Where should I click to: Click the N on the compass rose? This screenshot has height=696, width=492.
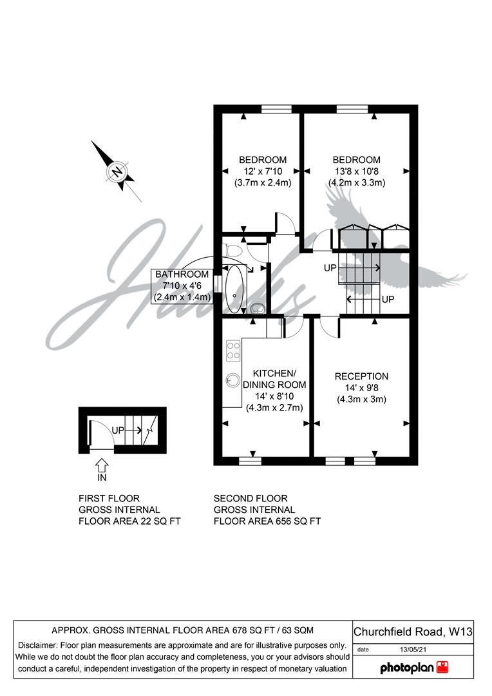(x=117, y=172)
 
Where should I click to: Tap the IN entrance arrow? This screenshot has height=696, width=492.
(x=102, y=466)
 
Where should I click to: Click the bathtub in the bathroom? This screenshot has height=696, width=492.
(x=234, y=289)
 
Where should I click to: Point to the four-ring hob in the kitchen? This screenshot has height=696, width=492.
(x=233, y=350)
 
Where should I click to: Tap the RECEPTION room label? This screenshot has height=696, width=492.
(x=361, y=376)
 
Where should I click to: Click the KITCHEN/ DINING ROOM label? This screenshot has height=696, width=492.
(x=274, y=379)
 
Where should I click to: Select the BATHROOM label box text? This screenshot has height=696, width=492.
(x=182, y=275)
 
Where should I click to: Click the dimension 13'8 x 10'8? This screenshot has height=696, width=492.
(x=356, y=171)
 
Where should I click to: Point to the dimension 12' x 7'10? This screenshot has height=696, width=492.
(x=263, y=171)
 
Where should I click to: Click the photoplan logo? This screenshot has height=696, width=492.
(x=414, y=668)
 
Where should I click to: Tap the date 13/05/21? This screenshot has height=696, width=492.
(x=413, y=650)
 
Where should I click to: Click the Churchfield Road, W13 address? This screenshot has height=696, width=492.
(x=413, y=632)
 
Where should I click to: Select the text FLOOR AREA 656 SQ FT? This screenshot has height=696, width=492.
(x=267, y=521)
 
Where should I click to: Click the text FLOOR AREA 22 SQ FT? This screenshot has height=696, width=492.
(x=129, y=521)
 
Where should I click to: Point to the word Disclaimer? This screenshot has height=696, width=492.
(x=37, y=645)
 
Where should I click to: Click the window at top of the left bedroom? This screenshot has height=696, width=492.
(x=276, y=109)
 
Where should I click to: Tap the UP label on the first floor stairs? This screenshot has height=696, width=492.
(x=118, y=430)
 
